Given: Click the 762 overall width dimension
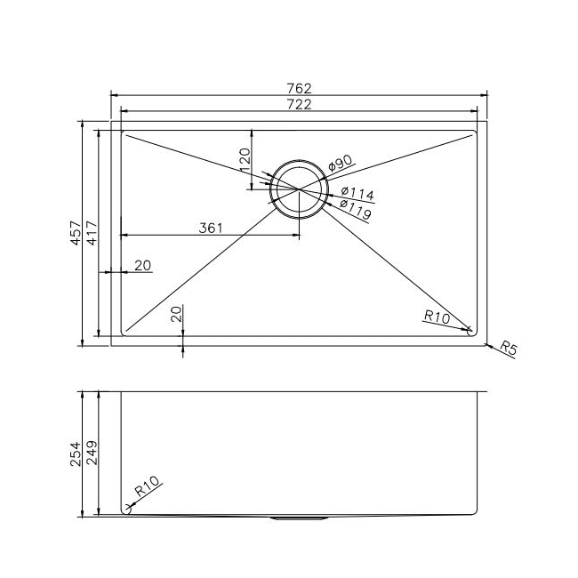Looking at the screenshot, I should pos(299,87).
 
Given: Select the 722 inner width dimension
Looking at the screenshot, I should pos(299,105).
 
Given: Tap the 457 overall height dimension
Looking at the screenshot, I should pos(76,234).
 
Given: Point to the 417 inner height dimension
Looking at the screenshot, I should pos(92,234).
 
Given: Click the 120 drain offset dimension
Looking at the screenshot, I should pos(245,160).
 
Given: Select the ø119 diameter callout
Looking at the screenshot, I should pos(355,211).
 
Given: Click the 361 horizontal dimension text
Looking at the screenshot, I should pos(210,229).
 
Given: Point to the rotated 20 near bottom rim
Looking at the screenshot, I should pos(176,313).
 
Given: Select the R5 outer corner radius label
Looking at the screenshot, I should pos(509,348).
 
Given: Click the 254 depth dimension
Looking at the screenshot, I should pos(76,454).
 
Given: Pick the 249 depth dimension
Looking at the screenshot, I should pos(92,454).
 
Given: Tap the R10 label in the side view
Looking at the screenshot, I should pos(147,488).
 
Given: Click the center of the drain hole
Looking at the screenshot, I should pos(299,189).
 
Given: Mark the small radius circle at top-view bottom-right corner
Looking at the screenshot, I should pos(470,333).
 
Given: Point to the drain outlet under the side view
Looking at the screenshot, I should pos(299,517).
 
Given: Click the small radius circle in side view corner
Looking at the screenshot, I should pos(126,510).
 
